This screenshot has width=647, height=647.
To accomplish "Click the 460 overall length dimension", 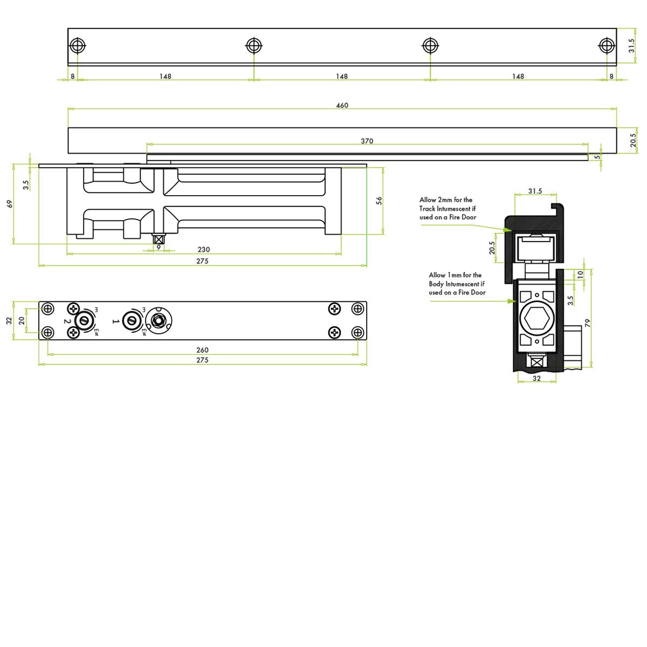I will point(342,105).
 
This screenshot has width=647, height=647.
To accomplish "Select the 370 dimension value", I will point(367,141).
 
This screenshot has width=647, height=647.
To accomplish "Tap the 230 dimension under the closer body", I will point(203,250).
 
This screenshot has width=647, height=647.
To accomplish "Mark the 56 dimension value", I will point(379,201).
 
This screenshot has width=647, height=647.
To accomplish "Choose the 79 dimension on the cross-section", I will point(588,323).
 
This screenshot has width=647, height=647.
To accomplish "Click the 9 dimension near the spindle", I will point(159,247).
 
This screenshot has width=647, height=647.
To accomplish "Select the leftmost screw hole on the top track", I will point(78,45).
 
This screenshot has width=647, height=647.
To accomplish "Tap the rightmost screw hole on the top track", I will point(607,45).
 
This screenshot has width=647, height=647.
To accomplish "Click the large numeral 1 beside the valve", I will point(114,321).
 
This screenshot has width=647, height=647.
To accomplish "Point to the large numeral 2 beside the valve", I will point(67,321).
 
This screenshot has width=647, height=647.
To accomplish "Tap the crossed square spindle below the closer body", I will point(159,239).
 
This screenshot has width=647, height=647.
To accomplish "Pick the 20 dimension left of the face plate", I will point(22,320).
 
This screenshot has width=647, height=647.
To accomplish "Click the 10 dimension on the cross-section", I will point(580,274).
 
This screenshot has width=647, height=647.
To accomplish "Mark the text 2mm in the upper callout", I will point(445,200).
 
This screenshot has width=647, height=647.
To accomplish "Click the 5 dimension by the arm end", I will point(597,157).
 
